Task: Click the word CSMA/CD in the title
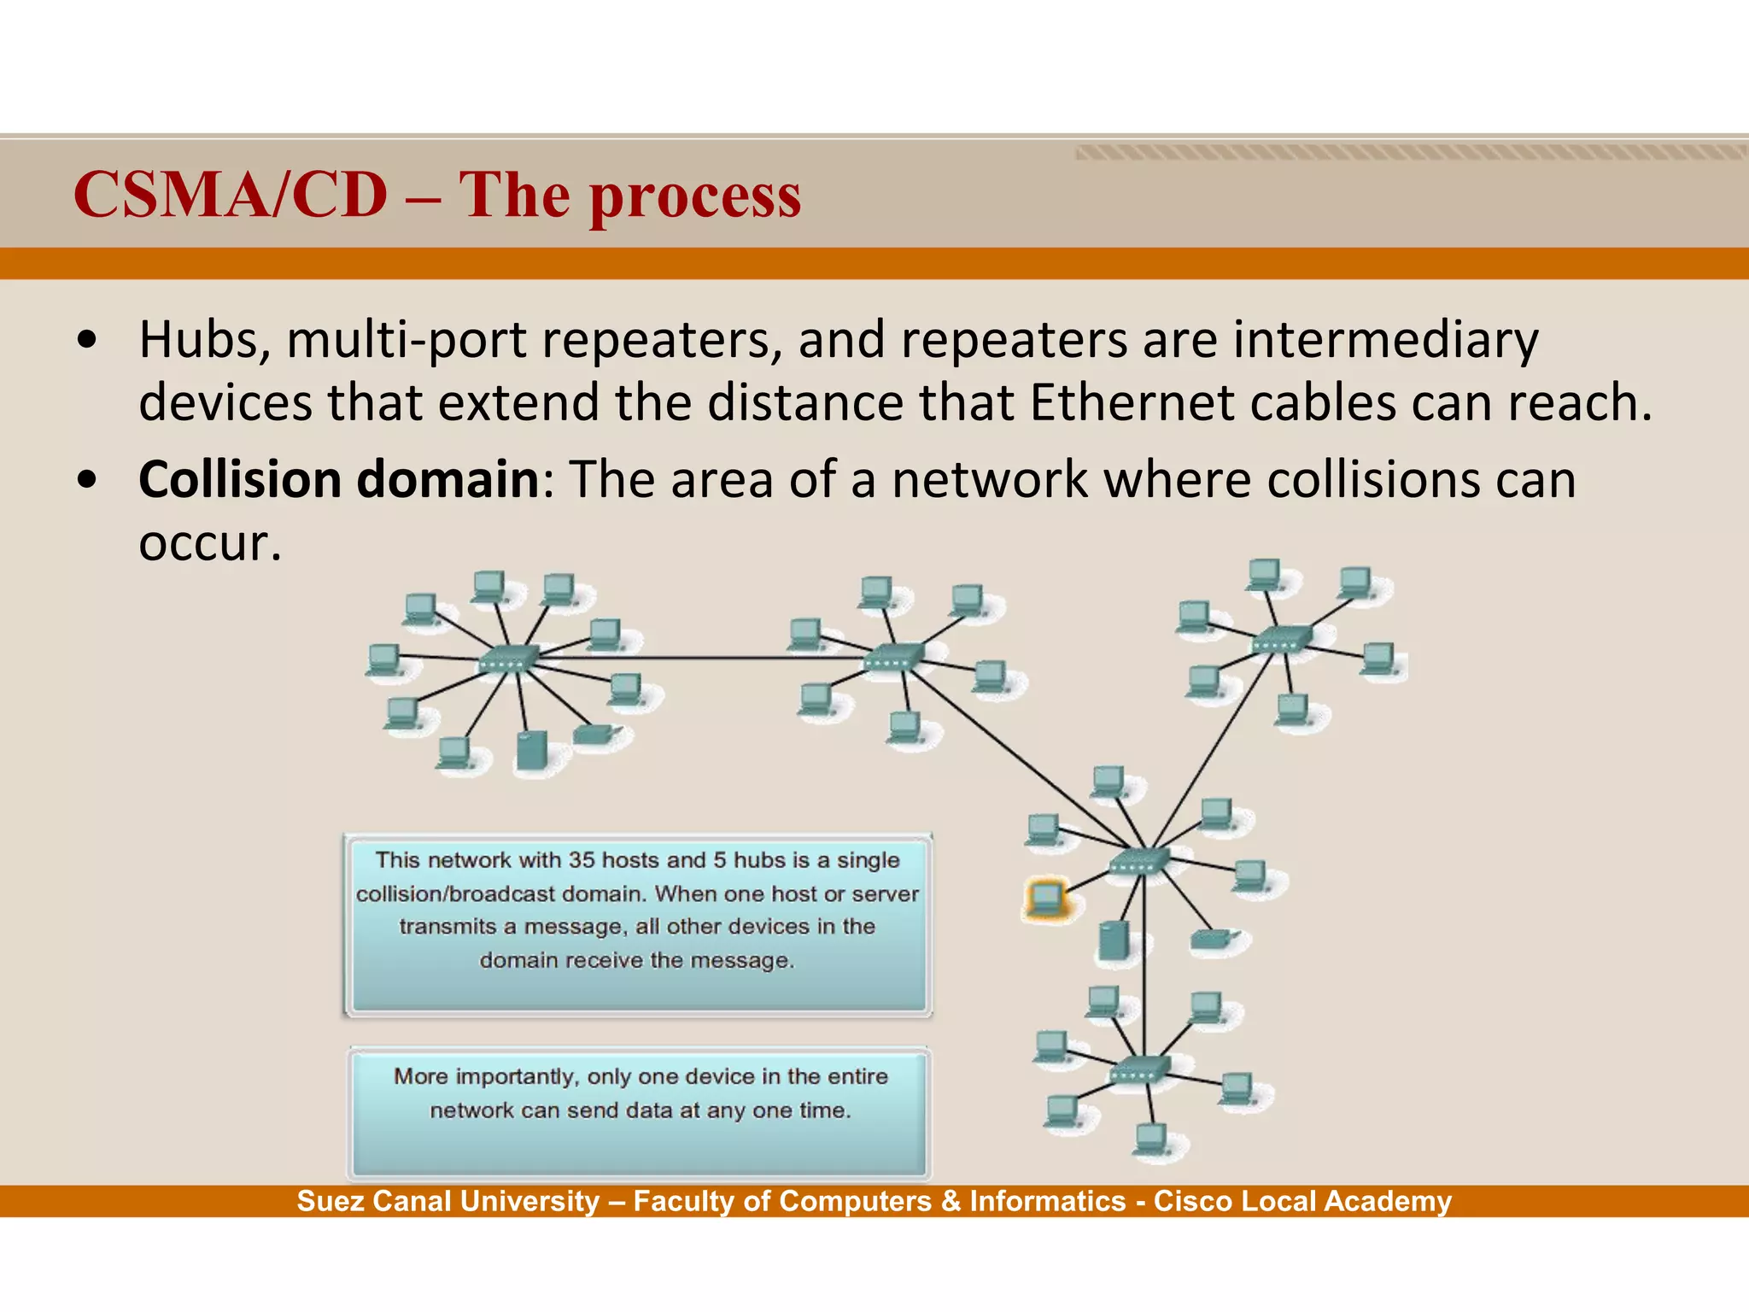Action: (x=231, y=195)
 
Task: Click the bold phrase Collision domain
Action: (x=338, y=479)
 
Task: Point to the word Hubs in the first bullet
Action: (x=205, y=340)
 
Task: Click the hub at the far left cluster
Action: (x=508, y=659)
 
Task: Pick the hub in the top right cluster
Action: (x=1281, y=638)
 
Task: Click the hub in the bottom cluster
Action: (x=1140, y=1069)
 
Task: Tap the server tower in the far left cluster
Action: (x=531, y=751)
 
